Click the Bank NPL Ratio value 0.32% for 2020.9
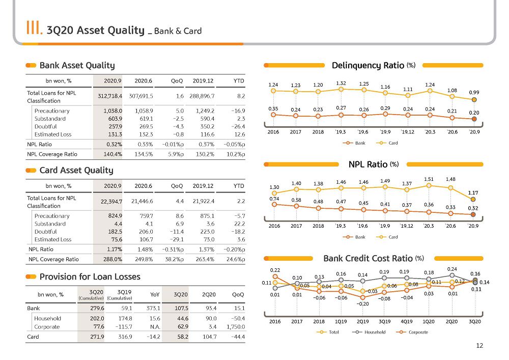(x=114, y=145)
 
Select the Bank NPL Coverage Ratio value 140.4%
(x=113, y=154)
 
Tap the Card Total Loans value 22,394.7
(x=111, y=202)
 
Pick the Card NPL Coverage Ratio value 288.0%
(x=113, y=259)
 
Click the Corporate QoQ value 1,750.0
(x=236, y=327)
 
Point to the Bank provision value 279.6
(x=97, y=308)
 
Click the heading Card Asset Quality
(x=76, y=171)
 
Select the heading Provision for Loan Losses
(x=90, y=276)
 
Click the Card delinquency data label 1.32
(x=341, y=84)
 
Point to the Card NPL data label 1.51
(x=429, y=179)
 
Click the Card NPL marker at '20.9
(x=473, y=199)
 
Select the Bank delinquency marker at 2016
(x=273, y=115)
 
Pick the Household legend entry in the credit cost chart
(x=369, y=332)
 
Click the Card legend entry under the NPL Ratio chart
(x=387, y=237)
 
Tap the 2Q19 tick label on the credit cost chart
(x=362, y=322)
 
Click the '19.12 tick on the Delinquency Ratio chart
(x=407, y=132)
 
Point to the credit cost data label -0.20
(x=362, y=304)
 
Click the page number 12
(x=479, y=346)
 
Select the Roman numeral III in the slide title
(x=34, y=27)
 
